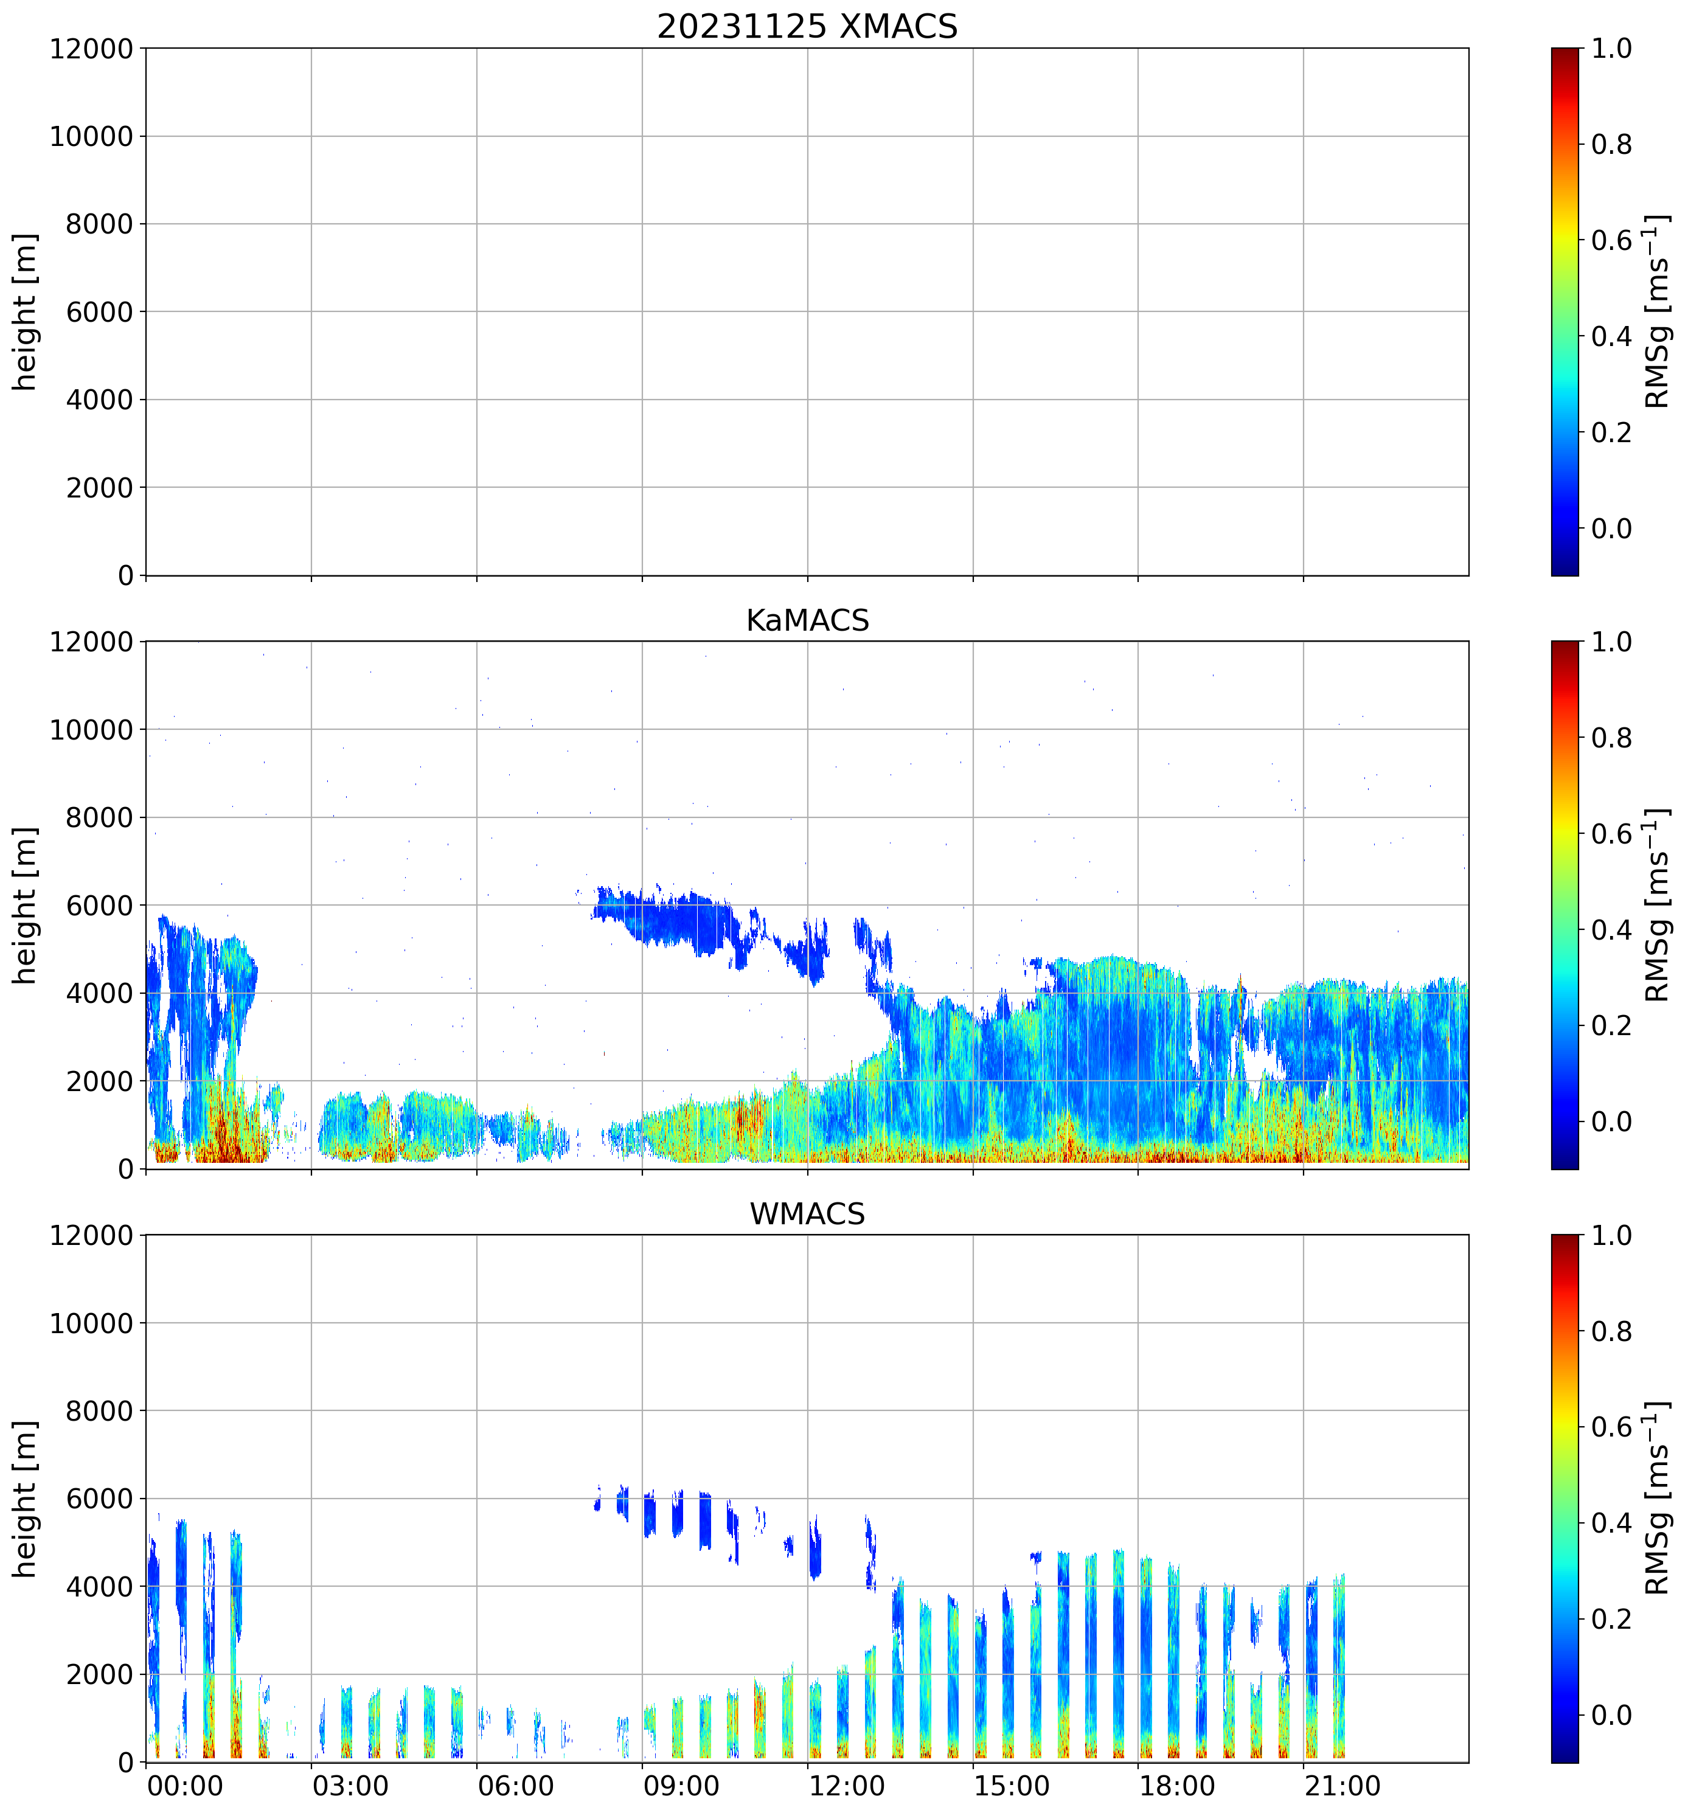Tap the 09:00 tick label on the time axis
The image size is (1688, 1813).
(x=680, y=1786)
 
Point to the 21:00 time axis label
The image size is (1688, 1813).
(x=1341, y=1786)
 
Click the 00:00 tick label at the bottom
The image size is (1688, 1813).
(x=185, y=1786)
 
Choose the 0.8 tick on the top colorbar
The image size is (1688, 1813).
(x=1611, y=144)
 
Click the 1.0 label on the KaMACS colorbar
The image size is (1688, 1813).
(x=1611, y=642)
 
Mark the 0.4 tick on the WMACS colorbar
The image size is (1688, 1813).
(x=1611, y=1523)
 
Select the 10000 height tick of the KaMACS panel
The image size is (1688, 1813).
(x=91, y=730)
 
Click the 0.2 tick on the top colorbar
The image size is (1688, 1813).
(x=1611, y=432)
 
